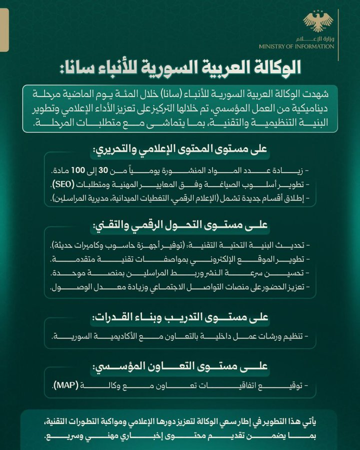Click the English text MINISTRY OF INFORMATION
296,46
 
